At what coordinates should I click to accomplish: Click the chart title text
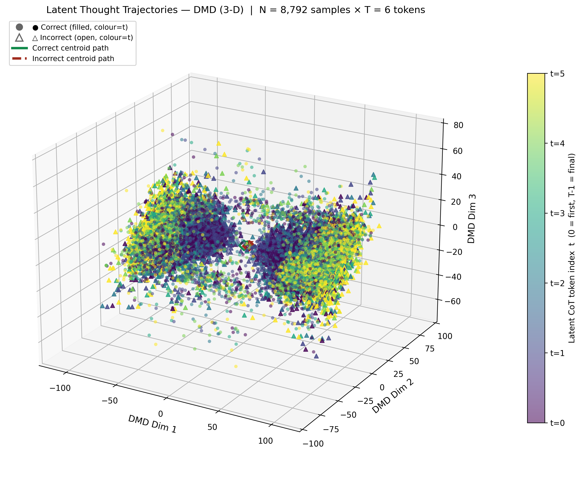[235, 10]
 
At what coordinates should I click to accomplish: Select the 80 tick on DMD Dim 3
[458, 125]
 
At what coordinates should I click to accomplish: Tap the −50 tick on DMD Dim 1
[110, 401]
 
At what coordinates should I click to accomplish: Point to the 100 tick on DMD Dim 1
[265, 441]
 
